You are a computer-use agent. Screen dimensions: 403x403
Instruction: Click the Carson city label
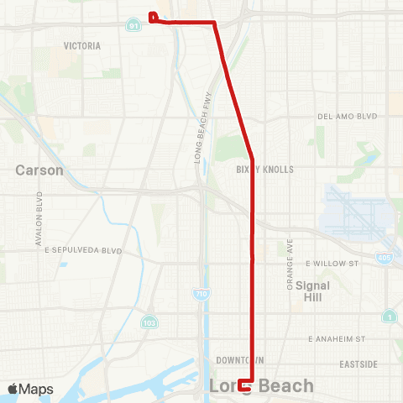pos(39,170)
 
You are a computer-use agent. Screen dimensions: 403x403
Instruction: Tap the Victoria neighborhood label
pos(82,46)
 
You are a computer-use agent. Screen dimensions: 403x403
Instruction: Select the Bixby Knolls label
pos(265,169)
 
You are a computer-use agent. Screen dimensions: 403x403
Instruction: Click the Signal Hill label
pos(312,290)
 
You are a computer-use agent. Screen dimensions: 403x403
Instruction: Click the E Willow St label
pos(332,263)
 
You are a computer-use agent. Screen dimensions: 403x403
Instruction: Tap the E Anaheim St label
pos(337,338)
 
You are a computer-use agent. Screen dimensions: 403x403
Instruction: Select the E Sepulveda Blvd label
pos(84,250)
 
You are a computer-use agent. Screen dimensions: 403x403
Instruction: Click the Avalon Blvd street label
pos(39,219)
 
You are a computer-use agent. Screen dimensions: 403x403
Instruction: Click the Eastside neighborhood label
pos(358,364)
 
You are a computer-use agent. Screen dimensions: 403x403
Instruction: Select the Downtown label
pos(234,359)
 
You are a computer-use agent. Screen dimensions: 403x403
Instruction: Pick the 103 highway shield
pos(149,322)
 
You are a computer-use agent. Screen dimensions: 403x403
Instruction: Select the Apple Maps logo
pos(30,389)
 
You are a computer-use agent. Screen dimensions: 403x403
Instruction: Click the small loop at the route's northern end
pos(153,17)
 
